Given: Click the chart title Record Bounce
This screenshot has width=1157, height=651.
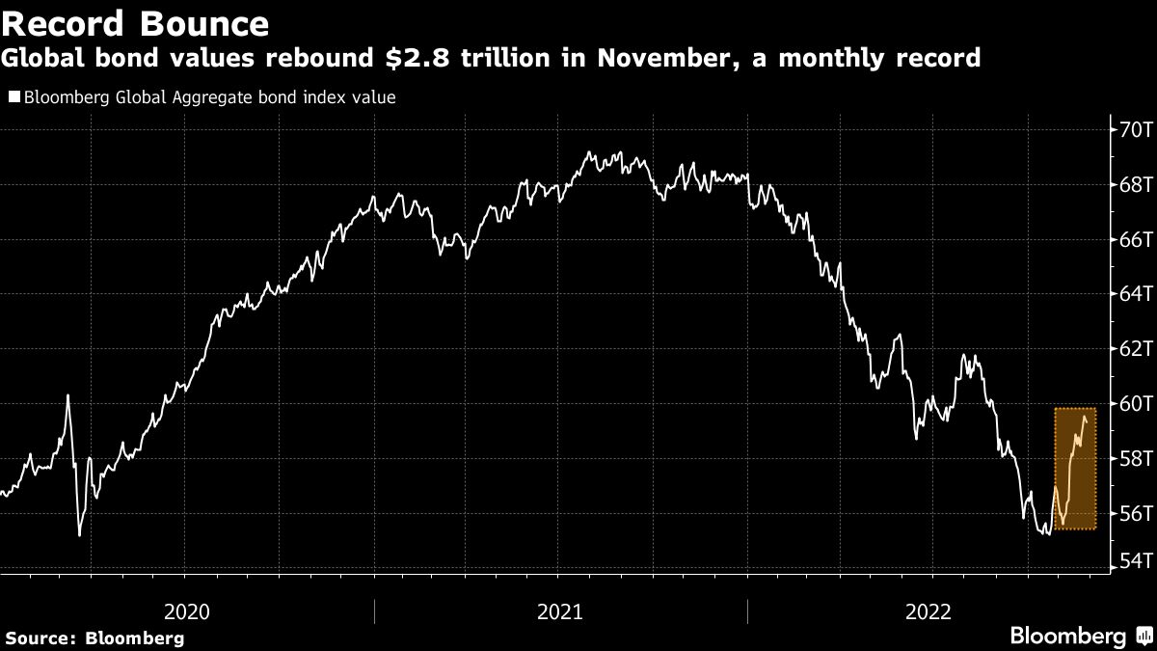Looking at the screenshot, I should point(136,22).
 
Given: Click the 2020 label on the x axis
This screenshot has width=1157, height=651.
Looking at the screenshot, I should point(187,611).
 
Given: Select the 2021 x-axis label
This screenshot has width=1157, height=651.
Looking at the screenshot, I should point(560,611).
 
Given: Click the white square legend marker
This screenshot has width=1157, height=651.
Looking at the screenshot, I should point(14,97).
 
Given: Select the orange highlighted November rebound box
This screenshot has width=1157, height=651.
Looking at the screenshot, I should point(1075,469).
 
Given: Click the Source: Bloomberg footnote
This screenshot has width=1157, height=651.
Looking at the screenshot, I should point(94,637).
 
